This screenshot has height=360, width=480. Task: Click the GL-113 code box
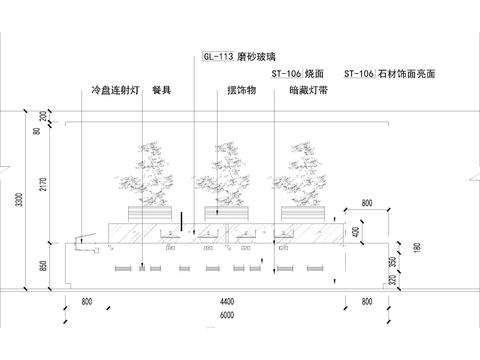click(x=217, y=58)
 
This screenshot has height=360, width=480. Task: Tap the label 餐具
click(x=162, y=91)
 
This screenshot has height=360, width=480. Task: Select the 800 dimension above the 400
click(x=366, y=204)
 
